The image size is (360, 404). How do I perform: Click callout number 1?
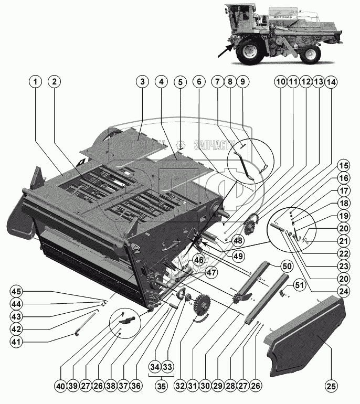[x=35, y=82]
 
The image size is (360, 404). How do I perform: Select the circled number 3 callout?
[x=141, y=82]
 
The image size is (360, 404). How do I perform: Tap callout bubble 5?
[x=180, y=82]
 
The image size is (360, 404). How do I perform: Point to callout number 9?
[x=242, y=82]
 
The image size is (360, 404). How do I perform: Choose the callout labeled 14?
[x=331, y=82]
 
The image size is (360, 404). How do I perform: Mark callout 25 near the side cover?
[x=330, y=387]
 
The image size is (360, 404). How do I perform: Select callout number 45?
[x=17, y=292]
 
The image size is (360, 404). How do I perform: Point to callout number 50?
[x=287, y=267]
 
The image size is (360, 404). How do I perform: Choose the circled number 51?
[x=299, y=285]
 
